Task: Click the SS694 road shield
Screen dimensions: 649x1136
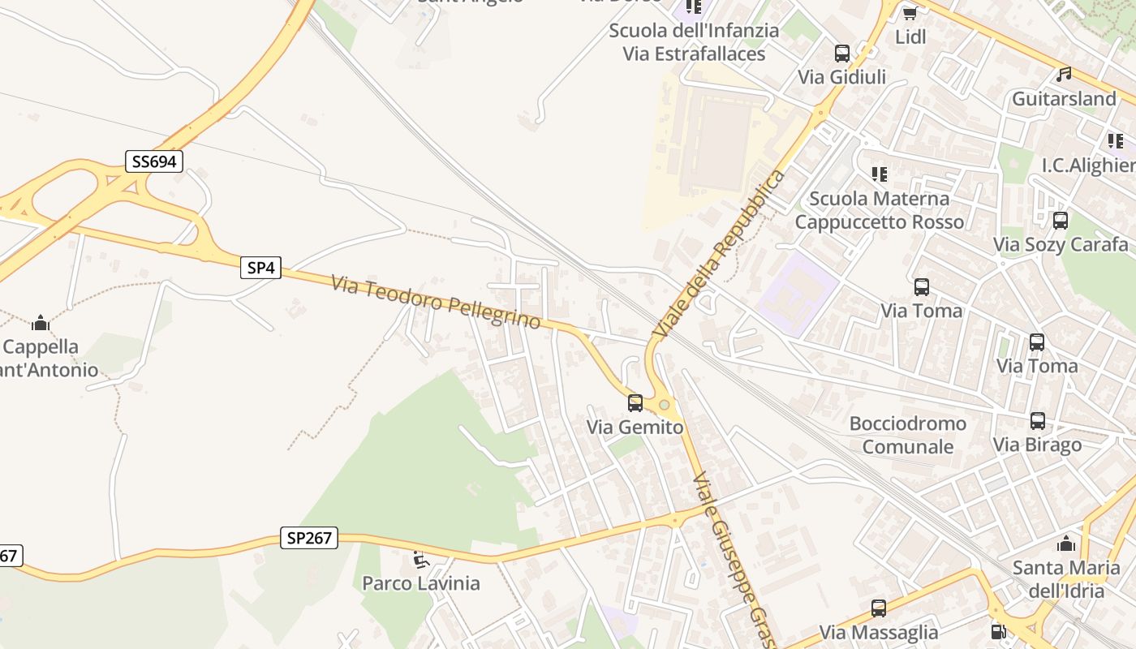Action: pos(154,161)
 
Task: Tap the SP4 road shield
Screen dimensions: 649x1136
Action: pos(260,268)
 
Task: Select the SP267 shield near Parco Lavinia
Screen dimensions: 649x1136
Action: pos(309,537)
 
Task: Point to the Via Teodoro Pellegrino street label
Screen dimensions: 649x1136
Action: pos(436,302)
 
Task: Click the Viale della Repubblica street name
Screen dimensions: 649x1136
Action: pos(720,254)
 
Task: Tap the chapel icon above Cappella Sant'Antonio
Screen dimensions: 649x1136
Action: pos(40,324)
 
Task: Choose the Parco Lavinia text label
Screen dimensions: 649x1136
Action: pos(420,582)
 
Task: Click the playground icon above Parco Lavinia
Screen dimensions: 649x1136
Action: pos(420,560)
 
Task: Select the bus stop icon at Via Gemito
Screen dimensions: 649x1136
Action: pos(635,402)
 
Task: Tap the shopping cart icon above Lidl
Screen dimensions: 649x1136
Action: pos(910,13)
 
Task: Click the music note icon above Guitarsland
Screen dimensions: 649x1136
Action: pos(1064,75)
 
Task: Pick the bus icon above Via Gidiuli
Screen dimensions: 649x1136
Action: pos(842,54)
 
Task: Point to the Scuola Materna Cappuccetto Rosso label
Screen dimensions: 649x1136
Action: pos(879,210)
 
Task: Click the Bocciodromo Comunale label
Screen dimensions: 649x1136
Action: pos(907,435)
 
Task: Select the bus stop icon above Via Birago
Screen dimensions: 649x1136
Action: pos(1037,421)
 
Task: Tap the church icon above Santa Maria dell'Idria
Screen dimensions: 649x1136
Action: pos(1066,544)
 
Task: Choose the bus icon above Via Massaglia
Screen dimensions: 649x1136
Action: pos(878,608)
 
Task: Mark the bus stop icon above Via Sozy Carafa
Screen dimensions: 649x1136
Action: pos(1060,221)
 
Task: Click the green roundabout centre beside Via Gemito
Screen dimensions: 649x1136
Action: pos(665,404)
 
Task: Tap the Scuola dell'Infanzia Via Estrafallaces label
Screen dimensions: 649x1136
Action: pos(694,42)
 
